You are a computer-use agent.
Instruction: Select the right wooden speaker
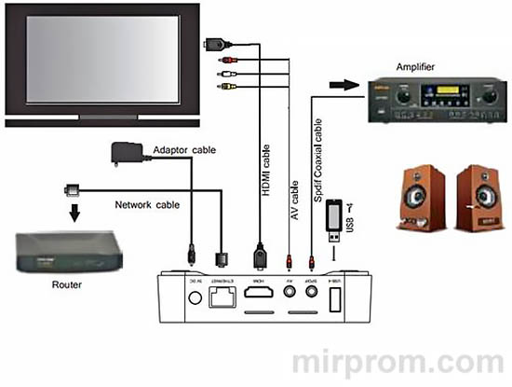click(x=478, y=198)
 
